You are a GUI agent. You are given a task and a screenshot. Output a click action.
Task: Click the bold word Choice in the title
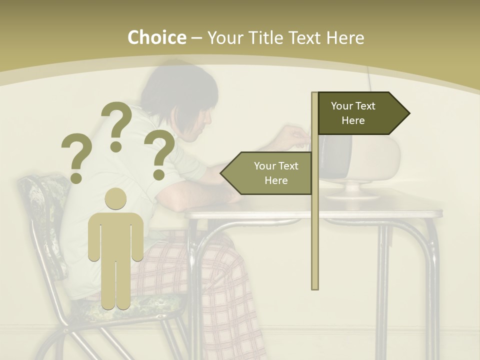pos(156,38)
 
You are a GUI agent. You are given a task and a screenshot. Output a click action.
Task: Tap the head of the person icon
pos(116,198)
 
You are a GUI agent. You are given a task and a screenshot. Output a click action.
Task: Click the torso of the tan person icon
pos(116,235)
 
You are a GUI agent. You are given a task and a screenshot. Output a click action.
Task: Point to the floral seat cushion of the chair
pos(150,305)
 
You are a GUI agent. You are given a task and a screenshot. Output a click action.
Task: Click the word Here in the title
pos(344,38)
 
